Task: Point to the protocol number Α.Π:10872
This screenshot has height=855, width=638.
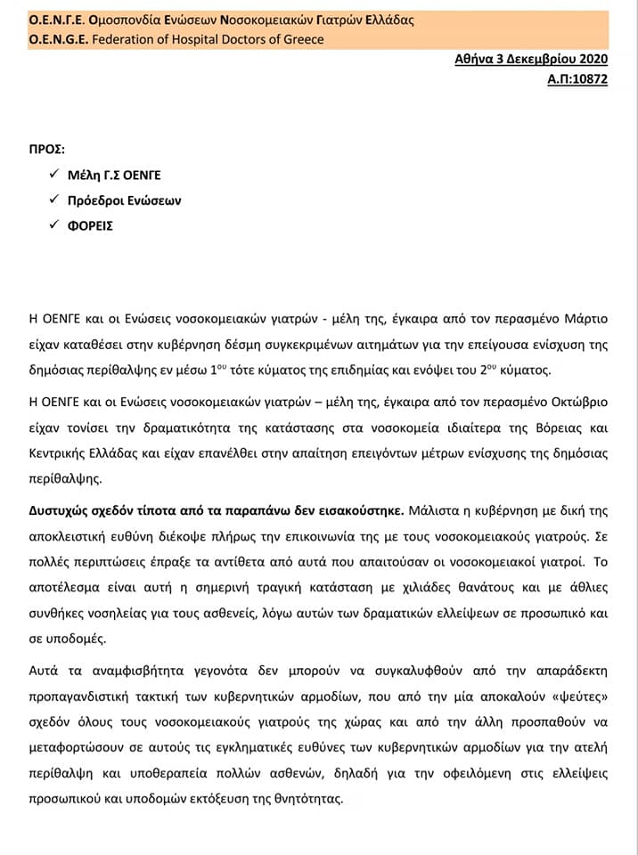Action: tap(577, 78)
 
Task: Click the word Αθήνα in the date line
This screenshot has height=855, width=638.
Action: tap(472, 60)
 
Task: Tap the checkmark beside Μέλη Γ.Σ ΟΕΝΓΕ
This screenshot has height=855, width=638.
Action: tap(54, 175)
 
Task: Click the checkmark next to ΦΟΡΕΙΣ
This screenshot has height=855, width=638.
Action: tap(54, 225)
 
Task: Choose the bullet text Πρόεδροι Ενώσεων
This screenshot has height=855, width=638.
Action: tap(124, 200)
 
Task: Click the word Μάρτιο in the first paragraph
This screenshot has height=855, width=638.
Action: tap(584, 318)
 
